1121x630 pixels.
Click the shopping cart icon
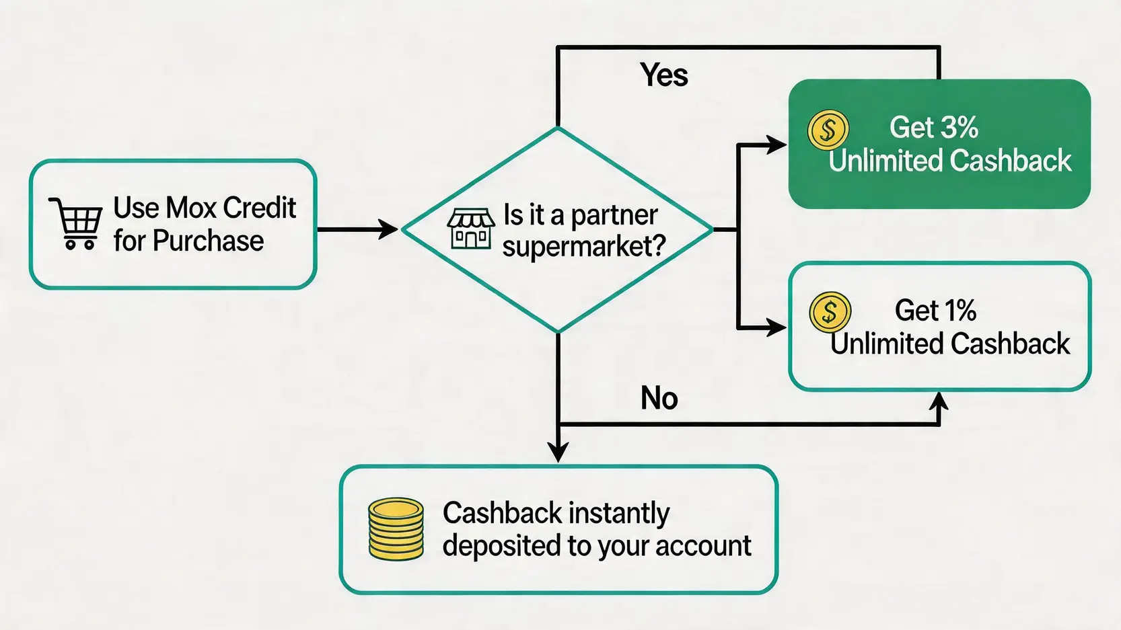[76, 223]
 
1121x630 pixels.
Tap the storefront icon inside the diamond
[470, 229]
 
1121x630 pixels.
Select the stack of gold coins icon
[396, 529]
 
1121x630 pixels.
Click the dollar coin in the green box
[828, 130]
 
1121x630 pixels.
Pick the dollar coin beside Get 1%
[830, 312]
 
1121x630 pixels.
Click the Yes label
[664, 75]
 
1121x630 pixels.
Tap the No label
[659, 398]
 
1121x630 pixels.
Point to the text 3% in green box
[959, 127]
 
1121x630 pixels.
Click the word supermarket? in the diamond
[583, 246]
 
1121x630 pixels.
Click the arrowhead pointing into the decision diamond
[389, 229]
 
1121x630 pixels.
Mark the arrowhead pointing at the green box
[776, 145]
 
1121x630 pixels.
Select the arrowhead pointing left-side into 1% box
[776, 327]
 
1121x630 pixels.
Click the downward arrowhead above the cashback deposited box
[558, 452]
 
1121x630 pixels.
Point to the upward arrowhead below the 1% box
[939, 402]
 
